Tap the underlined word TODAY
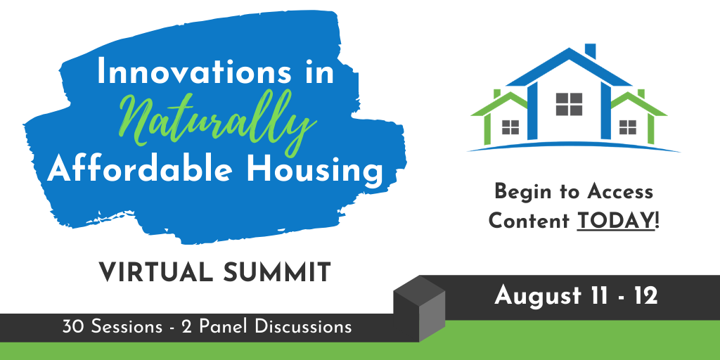click(615, 221)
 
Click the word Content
click(529, 221)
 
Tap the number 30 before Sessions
click(73, 327)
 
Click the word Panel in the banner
click(222, 327)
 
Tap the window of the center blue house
click(569, 104)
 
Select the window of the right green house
click(627, 127)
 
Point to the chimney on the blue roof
click(590, 51)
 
